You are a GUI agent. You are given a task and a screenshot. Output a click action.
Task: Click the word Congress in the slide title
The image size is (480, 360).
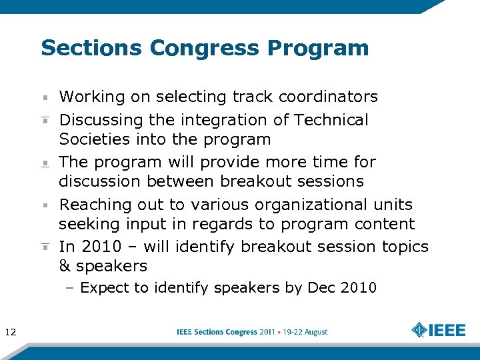(205, 49)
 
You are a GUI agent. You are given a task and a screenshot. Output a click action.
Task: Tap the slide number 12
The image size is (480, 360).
(11, 332)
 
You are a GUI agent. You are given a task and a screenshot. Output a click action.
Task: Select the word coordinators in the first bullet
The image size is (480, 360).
(328, 97)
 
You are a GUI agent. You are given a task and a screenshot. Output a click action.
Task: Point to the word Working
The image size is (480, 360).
(92, 97)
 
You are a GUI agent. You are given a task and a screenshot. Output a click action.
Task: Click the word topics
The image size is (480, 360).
(405, 247)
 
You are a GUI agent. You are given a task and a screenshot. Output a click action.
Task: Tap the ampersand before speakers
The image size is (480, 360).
(65, 266)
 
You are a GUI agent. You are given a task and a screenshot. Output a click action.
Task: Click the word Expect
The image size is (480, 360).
(101, 288)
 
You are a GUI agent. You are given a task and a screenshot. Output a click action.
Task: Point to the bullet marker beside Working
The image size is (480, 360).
(45, 97)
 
